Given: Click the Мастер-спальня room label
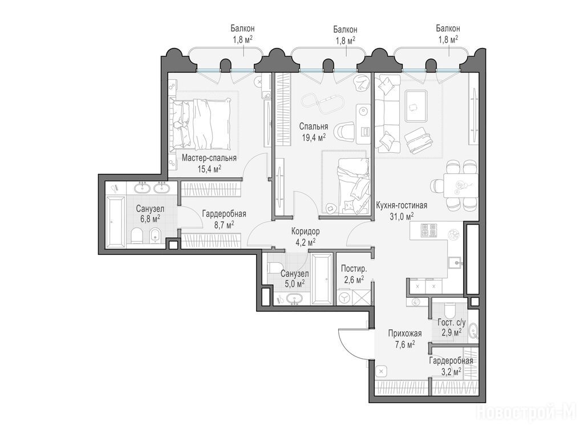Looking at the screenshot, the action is click(x=209, y=158).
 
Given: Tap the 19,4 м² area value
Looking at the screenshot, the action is click(x=314, y=137).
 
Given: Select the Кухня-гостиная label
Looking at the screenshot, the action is click(x=401, y=205).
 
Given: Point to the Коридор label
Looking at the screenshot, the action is click(x=306, y=232).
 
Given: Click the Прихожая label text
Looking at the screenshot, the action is click(x=405, y=333).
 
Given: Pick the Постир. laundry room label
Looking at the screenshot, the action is click(x=354, y=269).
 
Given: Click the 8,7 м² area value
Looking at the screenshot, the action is click(x=224, y=224).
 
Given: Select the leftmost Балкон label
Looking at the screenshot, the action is click(x=242, y=29).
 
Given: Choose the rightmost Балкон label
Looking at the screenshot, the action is click(x=448, y=29).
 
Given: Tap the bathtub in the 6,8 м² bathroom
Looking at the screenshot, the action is click(x=116, y=222).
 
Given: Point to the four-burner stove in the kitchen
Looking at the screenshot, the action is click(x=428, y=230).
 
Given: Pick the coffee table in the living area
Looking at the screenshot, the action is click(x=416, y=106).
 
